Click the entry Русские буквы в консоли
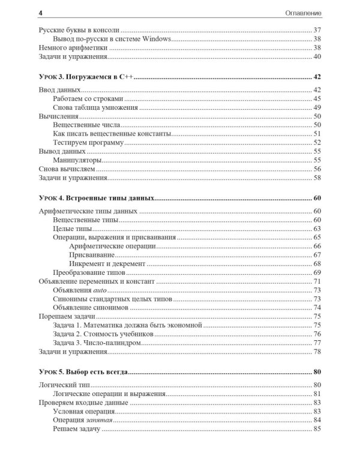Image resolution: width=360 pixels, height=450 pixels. [78, 29]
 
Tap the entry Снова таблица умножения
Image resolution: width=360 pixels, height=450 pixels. [96, 108]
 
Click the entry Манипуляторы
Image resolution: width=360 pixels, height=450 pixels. [77, 160]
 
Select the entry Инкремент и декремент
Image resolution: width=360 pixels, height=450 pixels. [107, 263]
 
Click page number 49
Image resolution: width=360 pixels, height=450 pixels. [317, 108]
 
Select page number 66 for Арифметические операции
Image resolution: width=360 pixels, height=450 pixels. [317, 246]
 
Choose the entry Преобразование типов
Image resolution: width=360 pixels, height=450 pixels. [92, 272]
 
